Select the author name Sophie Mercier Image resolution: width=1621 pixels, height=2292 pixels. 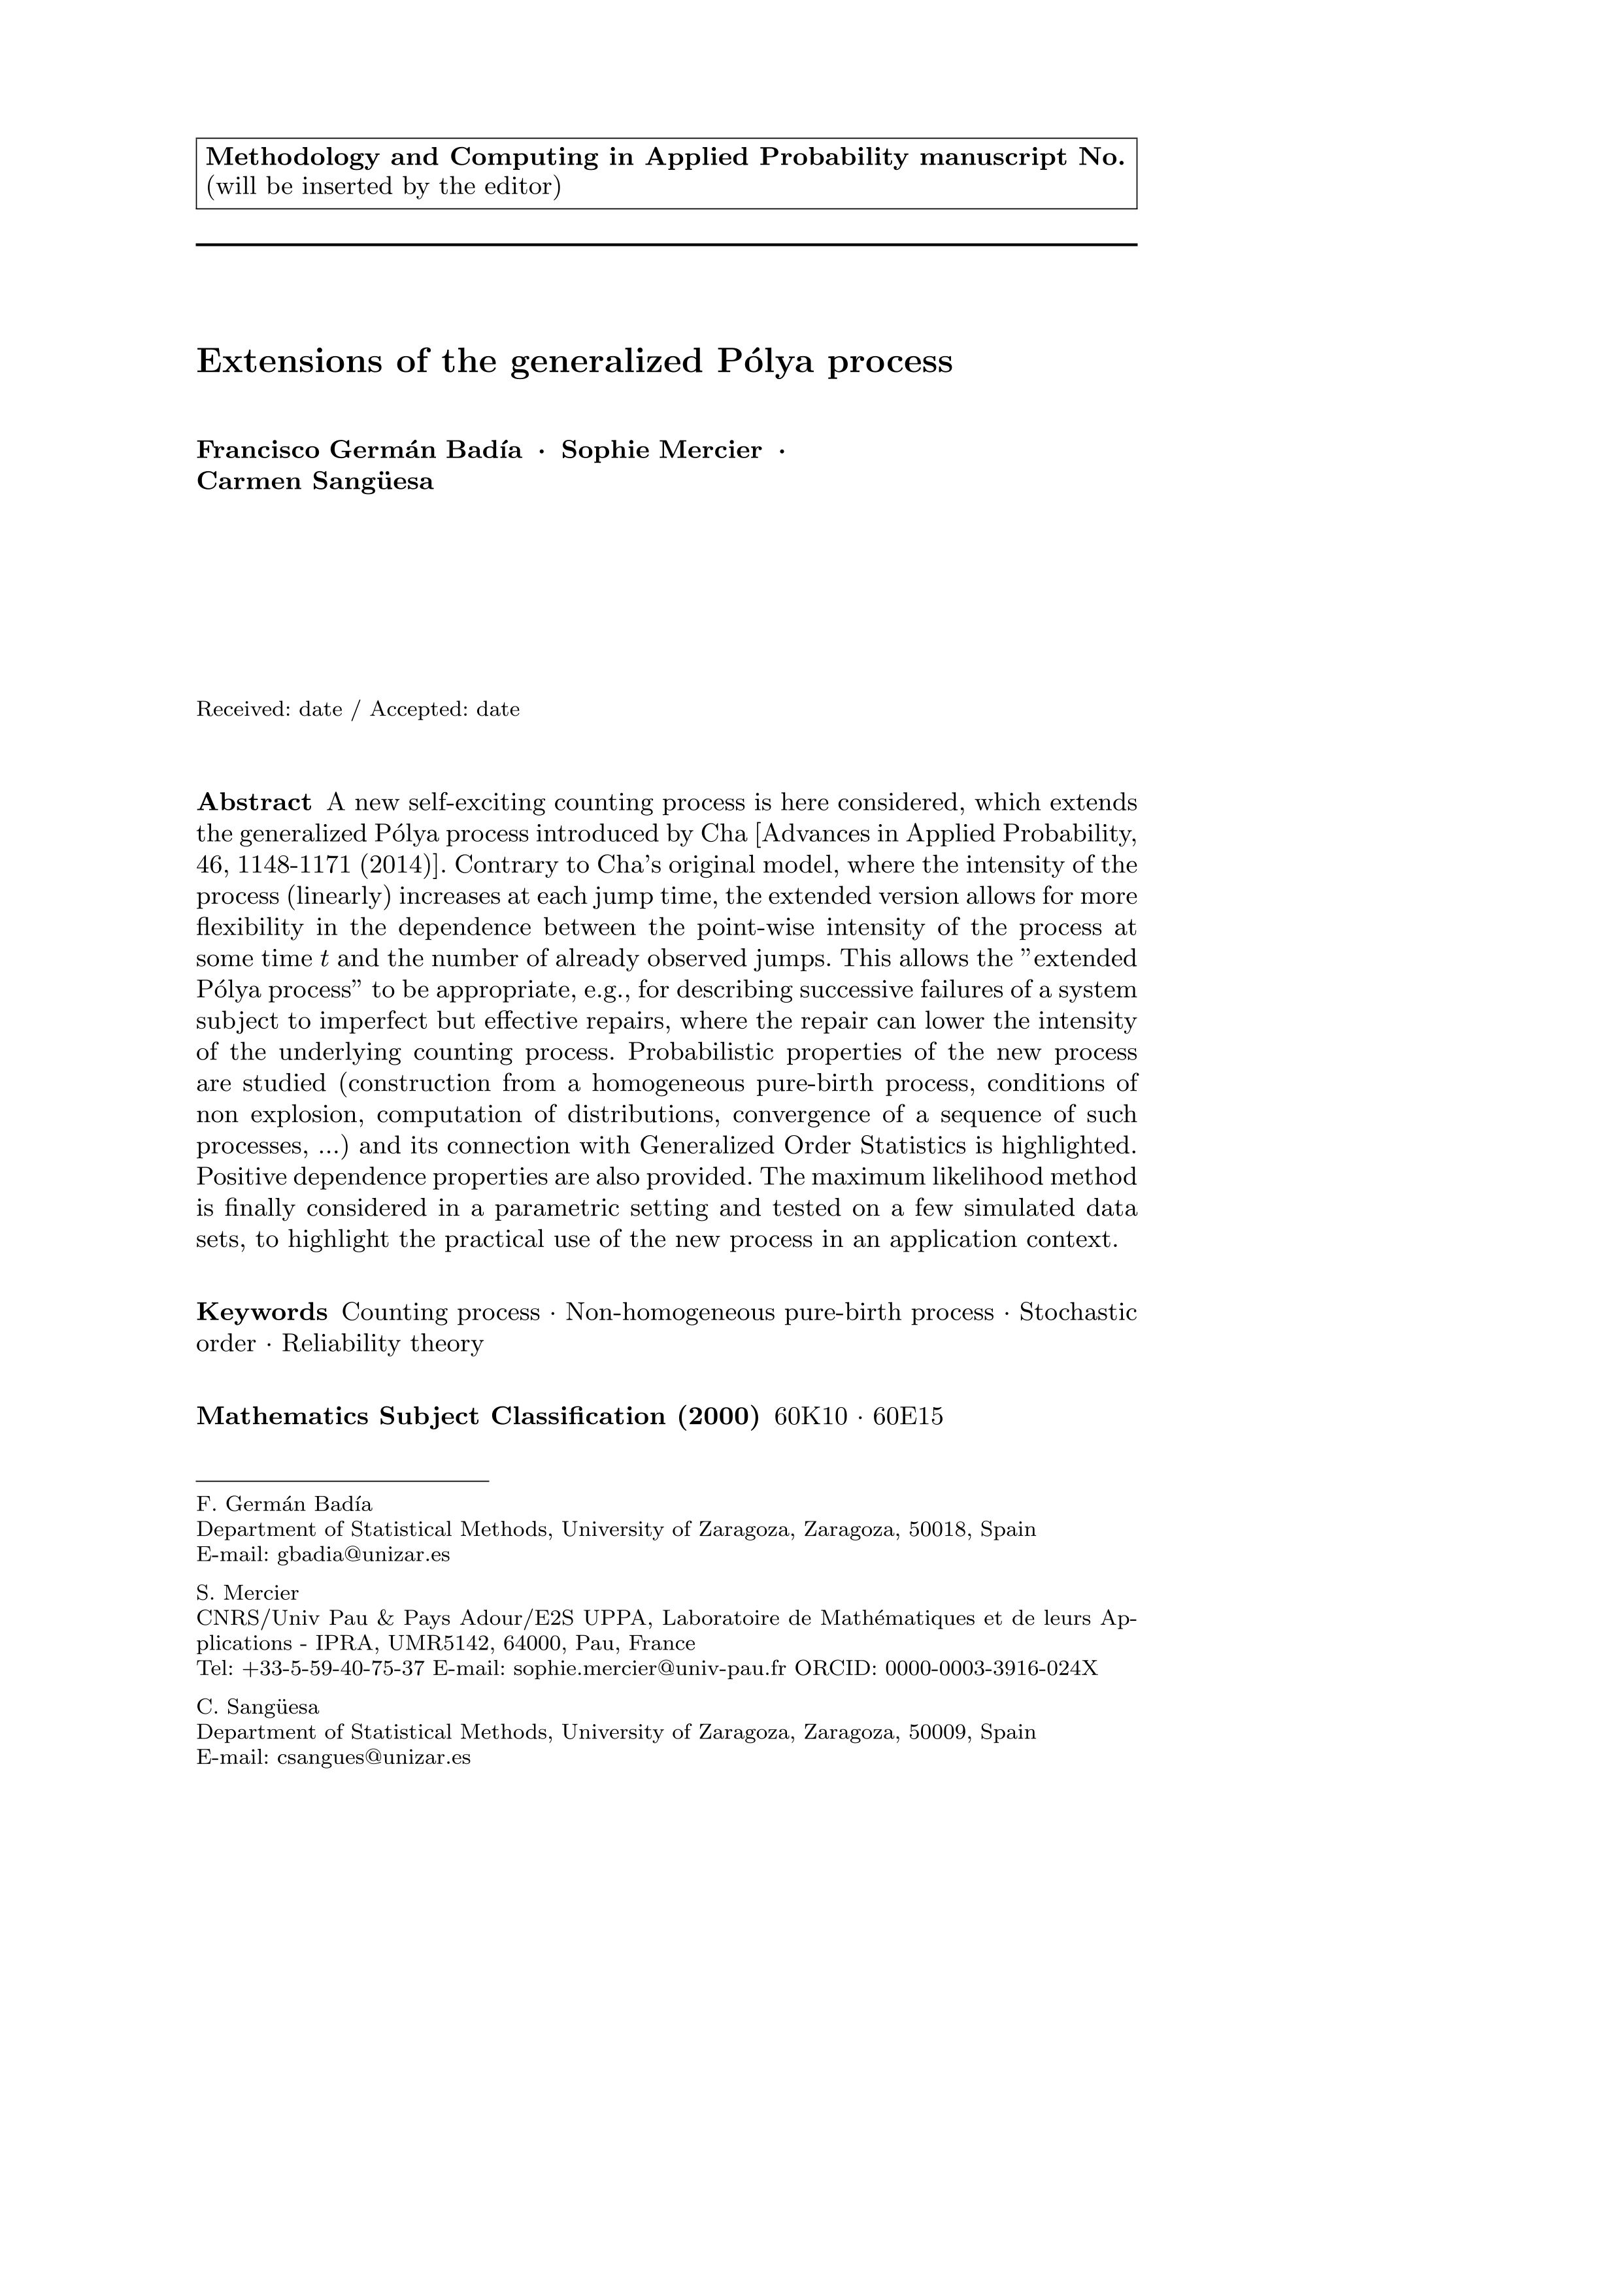click(x=661, y=450)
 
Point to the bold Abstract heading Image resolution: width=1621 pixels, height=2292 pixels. click(x=254, y=803)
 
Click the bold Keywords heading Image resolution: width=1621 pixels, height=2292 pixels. click(x=261, y=1312)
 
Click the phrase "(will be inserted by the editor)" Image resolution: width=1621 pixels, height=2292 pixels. click(x=383, y=187)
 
